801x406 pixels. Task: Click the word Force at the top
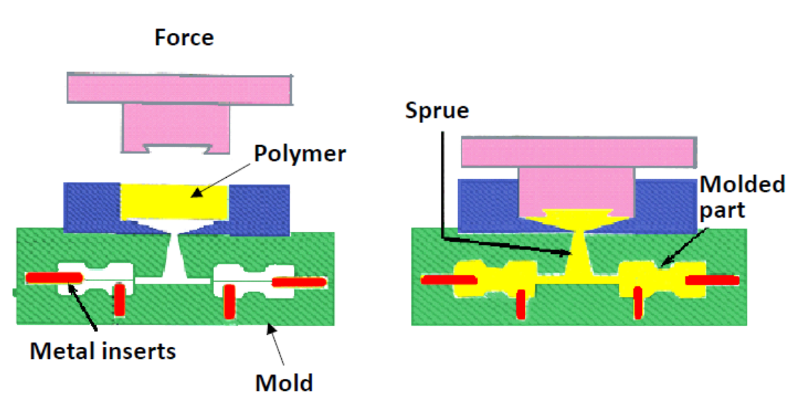[184, 37]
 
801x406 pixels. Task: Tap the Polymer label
[300, 154]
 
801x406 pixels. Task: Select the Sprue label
[437, 111]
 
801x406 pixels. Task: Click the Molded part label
[742, 197]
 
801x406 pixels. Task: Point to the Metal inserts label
[103, 351]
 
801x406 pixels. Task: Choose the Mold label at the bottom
[284, 383]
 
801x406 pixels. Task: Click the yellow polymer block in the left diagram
[174, 203]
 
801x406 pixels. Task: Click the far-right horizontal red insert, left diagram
[300, 283]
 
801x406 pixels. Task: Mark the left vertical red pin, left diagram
[120, 300]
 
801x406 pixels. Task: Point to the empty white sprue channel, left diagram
[174, 260]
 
